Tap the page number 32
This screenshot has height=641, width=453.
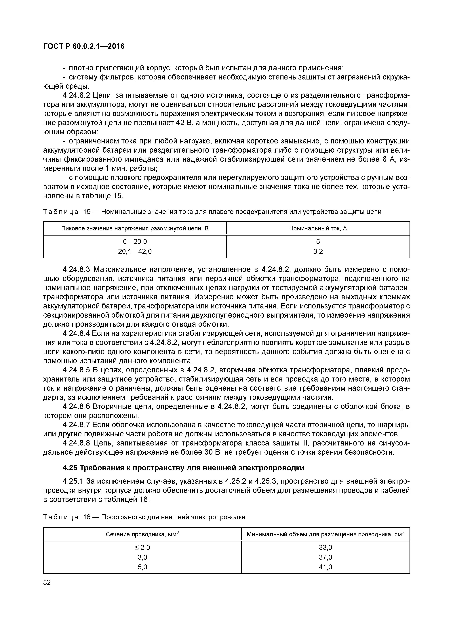(47, 582)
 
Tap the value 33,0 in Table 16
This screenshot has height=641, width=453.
(326, 547)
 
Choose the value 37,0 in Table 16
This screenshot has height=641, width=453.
(326, 557)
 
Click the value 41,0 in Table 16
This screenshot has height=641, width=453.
(326, 567)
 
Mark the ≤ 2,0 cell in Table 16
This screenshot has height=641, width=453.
(142, 547)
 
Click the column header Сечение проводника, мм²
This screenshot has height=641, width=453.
(142, 534)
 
